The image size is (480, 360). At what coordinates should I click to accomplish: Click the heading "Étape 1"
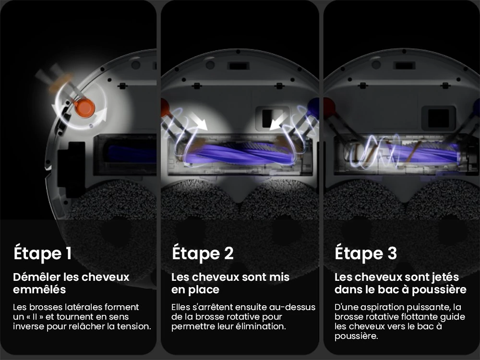(42, 253)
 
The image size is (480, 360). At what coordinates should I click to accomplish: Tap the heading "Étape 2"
(203, 253)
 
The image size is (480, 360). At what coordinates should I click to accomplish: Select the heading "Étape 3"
(366, 253)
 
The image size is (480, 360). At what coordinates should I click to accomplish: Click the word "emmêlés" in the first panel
(39, 290)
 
